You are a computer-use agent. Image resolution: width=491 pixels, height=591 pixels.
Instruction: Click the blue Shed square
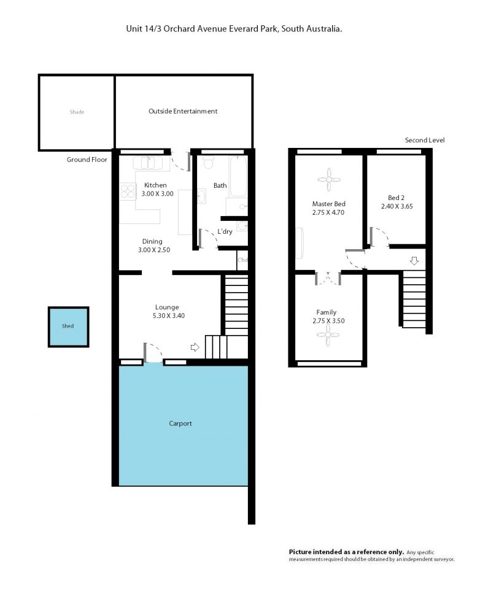[68, 326]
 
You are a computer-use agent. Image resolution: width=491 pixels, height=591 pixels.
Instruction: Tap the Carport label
[180, 423]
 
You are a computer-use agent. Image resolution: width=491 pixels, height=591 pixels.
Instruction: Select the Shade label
[77, 112]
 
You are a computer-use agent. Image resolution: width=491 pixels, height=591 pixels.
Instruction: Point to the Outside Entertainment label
[183, 111]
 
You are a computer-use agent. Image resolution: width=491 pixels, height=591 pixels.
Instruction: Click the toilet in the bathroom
[208, 163]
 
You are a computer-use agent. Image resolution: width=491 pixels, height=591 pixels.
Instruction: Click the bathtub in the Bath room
[238, 176]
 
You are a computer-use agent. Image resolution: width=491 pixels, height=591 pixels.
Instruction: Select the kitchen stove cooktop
[128, 191]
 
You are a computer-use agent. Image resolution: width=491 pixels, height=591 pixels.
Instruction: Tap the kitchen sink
[148, 163]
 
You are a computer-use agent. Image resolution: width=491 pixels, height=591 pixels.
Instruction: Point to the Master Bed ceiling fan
[328, 180]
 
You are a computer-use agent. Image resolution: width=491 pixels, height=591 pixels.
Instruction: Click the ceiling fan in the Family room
[328, 334]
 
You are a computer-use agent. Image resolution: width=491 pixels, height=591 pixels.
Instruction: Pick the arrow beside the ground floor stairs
[195, 347]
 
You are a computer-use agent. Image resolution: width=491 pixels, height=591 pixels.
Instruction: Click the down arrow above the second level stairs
[414, 260]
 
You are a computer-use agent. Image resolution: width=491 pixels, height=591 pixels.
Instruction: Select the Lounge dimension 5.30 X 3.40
[168, 316]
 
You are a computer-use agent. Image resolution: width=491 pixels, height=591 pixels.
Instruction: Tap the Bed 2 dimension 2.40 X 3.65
[397, 206]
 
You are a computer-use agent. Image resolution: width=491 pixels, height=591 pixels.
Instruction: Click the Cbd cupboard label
[242, 260]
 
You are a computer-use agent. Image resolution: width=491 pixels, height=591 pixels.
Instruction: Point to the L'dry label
[225, 231]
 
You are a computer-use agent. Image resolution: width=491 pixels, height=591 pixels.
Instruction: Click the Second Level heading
[425, 140]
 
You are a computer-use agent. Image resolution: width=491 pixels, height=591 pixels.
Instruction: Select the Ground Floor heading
[87, 160]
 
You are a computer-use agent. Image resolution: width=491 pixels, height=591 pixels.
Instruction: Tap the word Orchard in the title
[179, 29]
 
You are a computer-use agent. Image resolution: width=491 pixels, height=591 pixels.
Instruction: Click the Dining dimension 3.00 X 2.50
[153, 250]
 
